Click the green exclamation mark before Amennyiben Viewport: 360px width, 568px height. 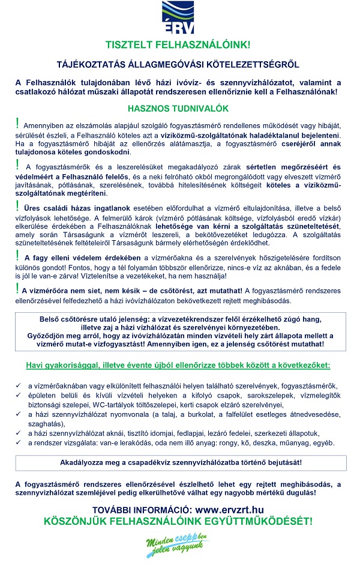tap(18, 124)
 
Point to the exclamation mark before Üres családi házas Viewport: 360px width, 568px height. tap(18, 206)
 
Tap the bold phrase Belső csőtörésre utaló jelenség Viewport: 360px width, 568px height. tap(102, 321)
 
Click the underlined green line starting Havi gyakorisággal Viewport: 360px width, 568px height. tap(178, 365)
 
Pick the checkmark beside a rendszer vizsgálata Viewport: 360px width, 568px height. tap(19, 443)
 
